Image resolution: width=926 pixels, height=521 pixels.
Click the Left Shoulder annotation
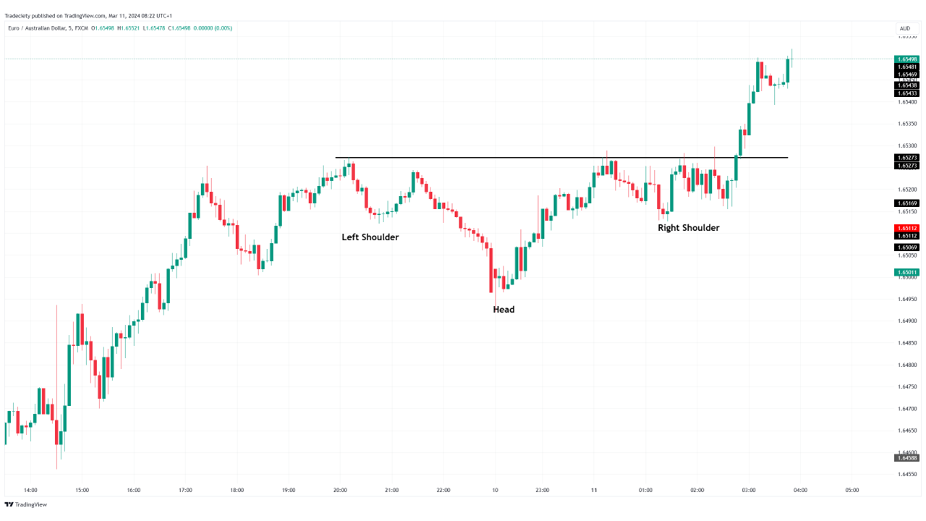coord(370,237)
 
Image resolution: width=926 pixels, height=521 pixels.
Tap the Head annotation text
coord(504,310)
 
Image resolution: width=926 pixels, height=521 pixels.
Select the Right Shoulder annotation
coord(688,228)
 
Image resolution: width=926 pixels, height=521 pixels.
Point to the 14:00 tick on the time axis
coord(30,490)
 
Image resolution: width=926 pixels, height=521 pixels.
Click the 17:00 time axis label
coord(185,490)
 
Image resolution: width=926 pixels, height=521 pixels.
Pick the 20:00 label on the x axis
coord(340,490)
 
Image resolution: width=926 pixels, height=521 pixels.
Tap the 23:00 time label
coord(543,490)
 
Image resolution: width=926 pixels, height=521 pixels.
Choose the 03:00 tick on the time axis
coord(749,490)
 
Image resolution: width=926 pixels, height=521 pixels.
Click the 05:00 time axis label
coord(852,490)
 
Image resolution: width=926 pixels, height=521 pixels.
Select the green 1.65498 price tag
coord(906,59)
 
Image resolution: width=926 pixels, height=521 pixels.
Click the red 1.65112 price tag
coord(906,228)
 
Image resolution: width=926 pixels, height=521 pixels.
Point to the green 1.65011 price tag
coord(906,273)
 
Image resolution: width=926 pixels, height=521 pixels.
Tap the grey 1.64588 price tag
coord(906,457)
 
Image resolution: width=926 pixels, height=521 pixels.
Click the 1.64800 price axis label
coord(906,365)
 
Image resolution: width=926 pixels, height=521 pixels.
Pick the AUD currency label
coord(904,29)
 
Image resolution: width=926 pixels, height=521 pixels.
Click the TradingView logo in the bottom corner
coord(26,505)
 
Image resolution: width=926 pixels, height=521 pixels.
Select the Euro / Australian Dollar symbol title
coord(39,28)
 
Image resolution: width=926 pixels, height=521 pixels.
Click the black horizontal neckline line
coord(506,157)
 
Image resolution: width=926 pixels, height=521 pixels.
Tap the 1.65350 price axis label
coord(906,124)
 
